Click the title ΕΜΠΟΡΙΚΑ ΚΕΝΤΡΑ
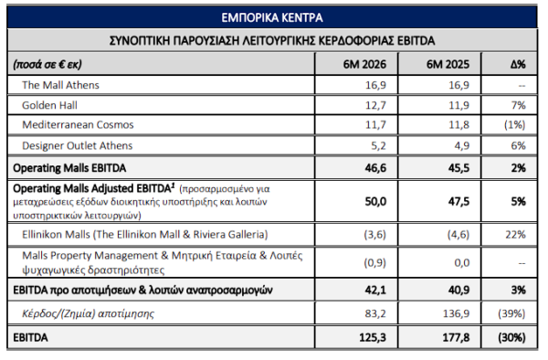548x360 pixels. [x=272, y=17]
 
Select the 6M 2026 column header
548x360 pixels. [x=364, y=64]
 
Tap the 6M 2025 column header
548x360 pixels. [x=448, y=64]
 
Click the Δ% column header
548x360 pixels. [x=518, y=64]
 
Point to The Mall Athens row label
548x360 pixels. [x=60, y=85]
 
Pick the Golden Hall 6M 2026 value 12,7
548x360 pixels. [x=375, y=105]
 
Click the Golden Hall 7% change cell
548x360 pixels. [x=518, y=105]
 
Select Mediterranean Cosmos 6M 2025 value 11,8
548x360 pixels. [x=458, y=125]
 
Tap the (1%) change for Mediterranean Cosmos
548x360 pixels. [x=514, y=125]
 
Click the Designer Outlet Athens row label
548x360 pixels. [x=78, y=145]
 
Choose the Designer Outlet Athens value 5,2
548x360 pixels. [x=378, y=145]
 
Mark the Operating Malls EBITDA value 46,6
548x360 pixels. [x=375, y=168]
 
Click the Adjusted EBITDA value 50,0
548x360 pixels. [x=375, y=202]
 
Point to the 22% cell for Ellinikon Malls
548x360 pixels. [x=515, y=234]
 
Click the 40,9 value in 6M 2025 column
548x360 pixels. [x=458, y=290]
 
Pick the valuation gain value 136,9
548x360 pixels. [x=457, y=313]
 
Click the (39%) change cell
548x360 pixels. [x=511, y=313]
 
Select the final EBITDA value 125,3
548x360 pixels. [x=373, y=338]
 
